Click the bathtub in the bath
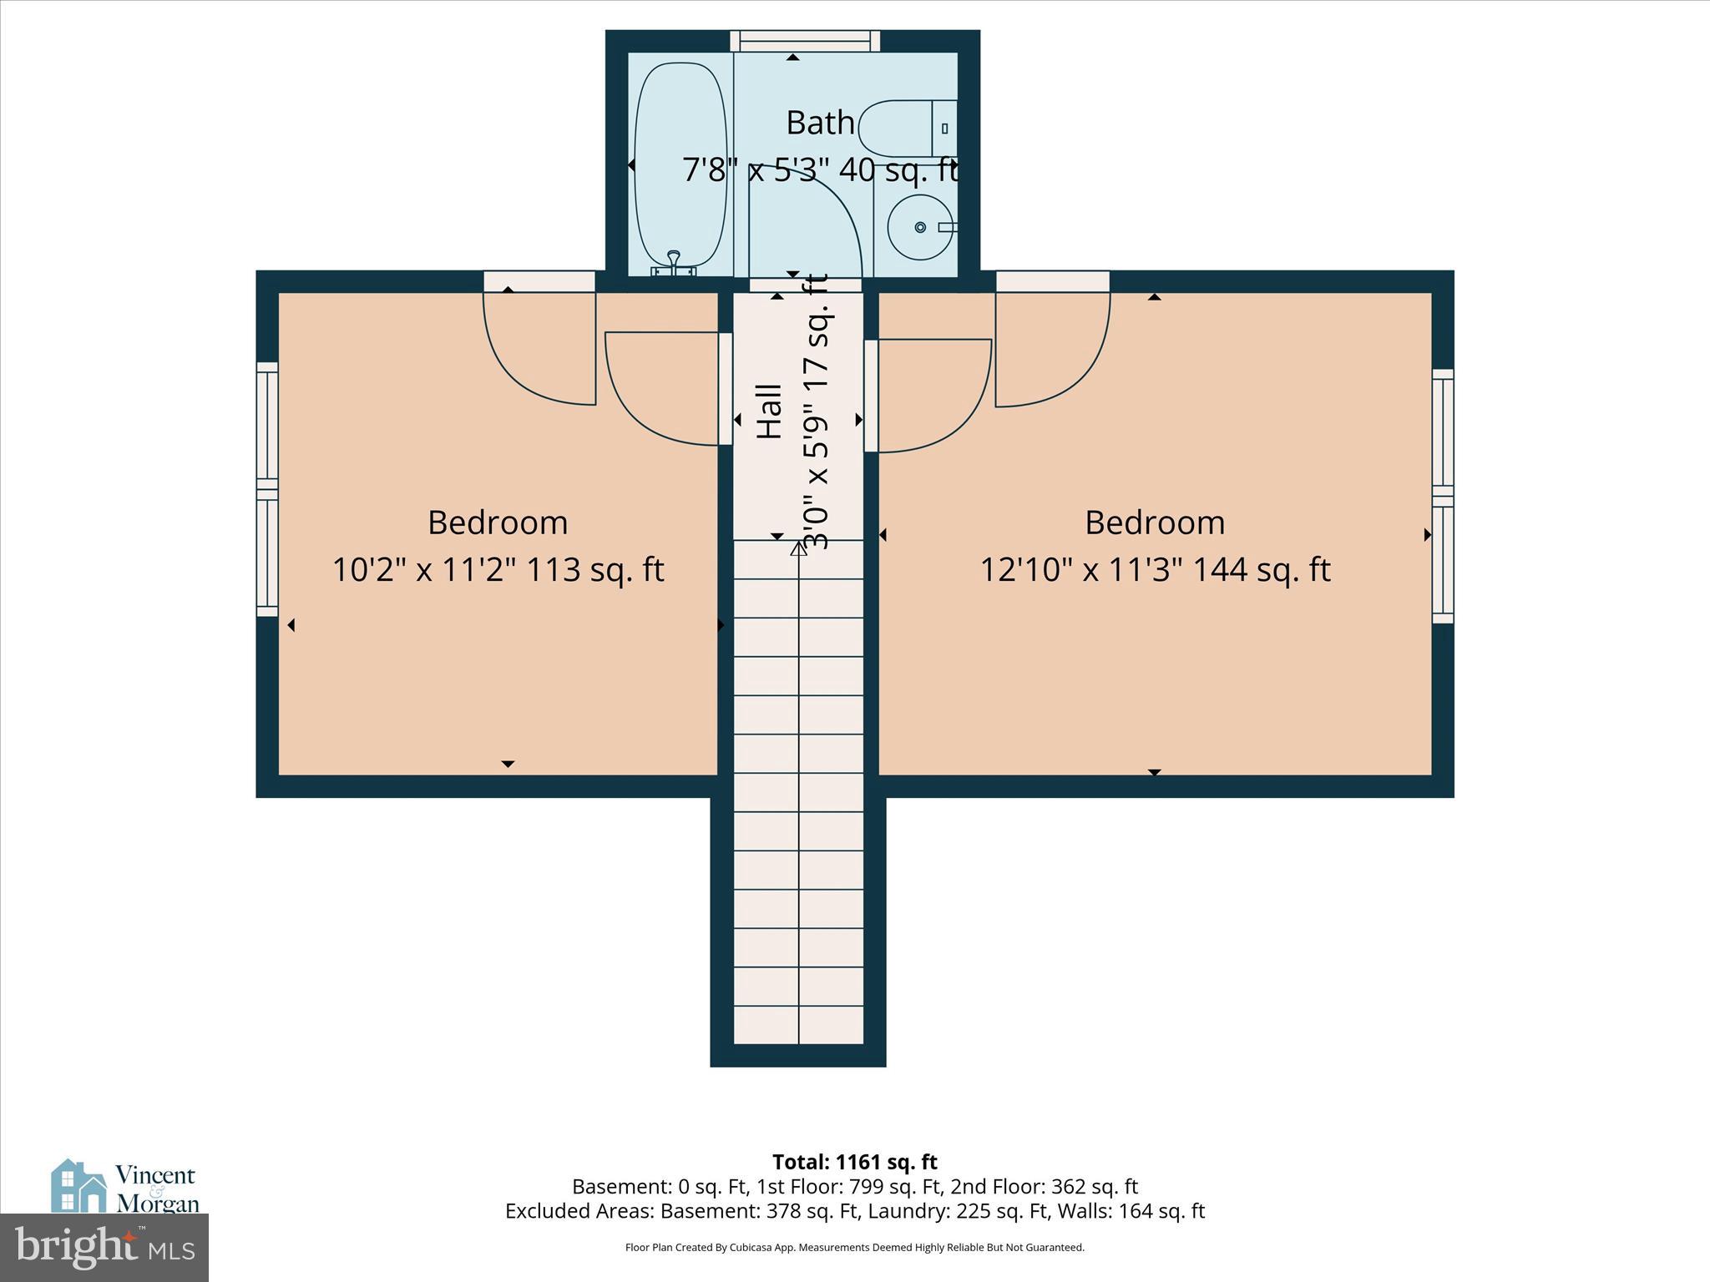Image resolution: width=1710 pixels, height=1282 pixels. click(x=680, y=167)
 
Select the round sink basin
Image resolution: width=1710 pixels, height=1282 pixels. click(x=919, y=227)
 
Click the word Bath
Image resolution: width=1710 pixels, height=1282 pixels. click(x=820, y=123)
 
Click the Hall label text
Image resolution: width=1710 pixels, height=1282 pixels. click(x=769, y=411)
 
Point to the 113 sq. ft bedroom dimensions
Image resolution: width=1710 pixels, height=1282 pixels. click(x=498, y=570)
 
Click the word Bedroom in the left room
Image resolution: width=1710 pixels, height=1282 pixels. click(x=498, y=522)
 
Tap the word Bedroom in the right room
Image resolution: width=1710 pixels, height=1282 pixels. click(x=1155, y=522)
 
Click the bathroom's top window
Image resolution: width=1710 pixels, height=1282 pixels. click(x=805, y=41)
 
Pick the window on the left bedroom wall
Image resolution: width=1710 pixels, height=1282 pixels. click(x=266, y=489)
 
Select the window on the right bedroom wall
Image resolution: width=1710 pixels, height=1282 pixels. click(x=1443, y=497)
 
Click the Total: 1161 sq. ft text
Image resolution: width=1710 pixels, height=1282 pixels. click(x=854, y=1162)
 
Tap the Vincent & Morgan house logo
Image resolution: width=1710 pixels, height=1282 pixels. click(x=79, y=1186)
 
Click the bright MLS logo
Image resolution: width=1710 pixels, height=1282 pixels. click(x=104, y=1247)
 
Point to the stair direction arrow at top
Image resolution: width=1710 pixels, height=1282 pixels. click(x=798, y=548)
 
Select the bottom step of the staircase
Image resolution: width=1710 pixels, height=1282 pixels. click(x=798, y=1025)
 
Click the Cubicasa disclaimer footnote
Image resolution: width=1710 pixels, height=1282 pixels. click(x=854, y=1248)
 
